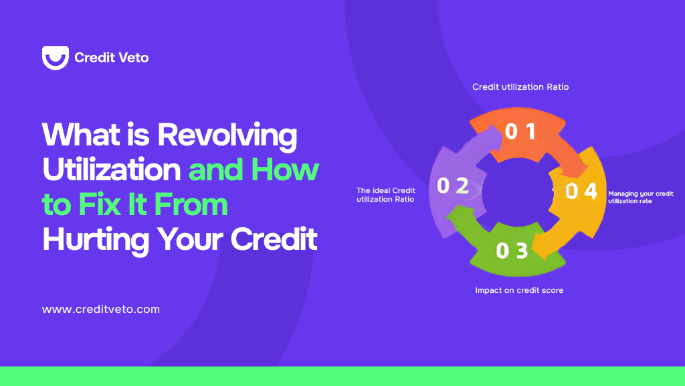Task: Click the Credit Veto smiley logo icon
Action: pyautogui.click(x=55, y=58)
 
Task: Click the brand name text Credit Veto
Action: pyautogui.click(x=111, y=58)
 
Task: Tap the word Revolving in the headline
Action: pyautogui.click(x=227, y=136)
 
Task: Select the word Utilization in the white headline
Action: pyautogui.click(x=111, y=170)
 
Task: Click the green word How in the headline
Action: pyautogui.click(x=285, y=170)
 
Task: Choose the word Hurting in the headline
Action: pyautogui.click(x=96, y=240)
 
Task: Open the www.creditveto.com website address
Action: pyautogui.click(x=101, y=310)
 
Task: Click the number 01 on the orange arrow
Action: pyautogui.click(x=520, y=132)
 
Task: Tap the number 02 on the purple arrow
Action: pyautogui.click(x=452, y=186)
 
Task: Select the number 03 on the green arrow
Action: pyautogui.click(x=512, y=251)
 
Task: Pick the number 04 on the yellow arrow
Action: pyautogui.click(x=581, y=192)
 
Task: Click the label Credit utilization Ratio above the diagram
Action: pyautogui.click(x=520, y=87)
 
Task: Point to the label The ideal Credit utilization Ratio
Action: pyautogui.click(x=386, y=195)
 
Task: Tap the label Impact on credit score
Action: pyautogui.click(x=519, y=290)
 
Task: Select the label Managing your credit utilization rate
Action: pyautogui.click(x=640, y=197)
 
